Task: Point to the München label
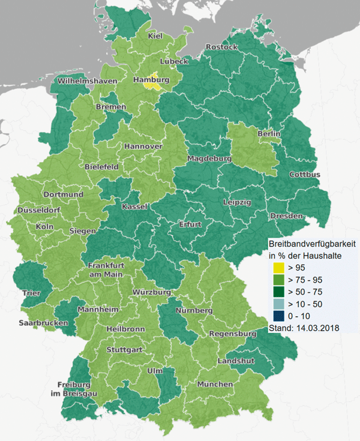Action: pyautogui.click(x=215, y=384)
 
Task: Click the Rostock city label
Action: pyautogui.click(x=221, y=47)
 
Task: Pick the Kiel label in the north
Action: pyautogui.click(x=155, y=37)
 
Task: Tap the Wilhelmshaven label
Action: pyautogui.click(x=87, y=80)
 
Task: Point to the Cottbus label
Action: pyautogui.click(x=305, y=175)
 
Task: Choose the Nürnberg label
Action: pyautogui.click(x=194, y=311)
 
